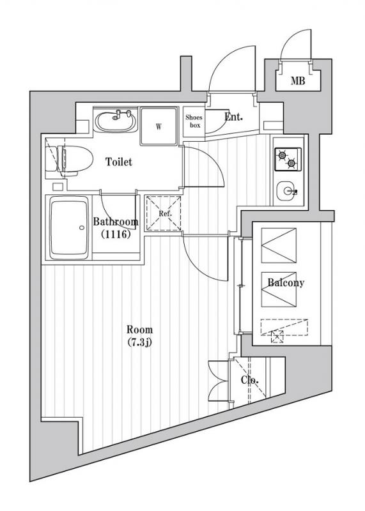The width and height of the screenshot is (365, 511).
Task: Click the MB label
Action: [298, 80]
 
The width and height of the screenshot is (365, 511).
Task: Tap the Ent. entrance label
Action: [233, 117]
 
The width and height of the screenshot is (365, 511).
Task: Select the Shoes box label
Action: [194, 121]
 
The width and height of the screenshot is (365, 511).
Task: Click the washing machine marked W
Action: [159, 126]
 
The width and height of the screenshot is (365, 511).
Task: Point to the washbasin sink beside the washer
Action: [116, 121]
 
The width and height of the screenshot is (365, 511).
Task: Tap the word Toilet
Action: [119, 162]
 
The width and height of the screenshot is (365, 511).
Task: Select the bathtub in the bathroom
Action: [69, 227]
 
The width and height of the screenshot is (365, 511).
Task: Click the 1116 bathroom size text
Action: [116, 234]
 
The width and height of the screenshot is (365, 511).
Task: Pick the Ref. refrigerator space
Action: [163, 213]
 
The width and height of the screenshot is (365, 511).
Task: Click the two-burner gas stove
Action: [288, 159]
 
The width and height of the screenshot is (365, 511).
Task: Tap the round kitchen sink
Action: [287, 191]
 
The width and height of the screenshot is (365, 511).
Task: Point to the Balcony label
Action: [286, 282]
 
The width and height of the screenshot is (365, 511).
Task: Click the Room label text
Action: [139, 330]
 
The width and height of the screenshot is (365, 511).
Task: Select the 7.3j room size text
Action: [139, 342]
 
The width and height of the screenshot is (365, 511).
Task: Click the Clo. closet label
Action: [250, 380]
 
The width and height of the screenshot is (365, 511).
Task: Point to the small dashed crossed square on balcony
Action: [277, 337]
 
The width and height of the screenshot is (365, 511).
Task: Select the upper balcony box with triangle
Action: [279, 245]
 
